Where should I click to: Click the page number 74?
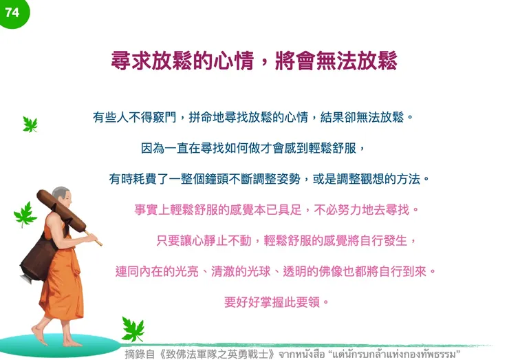pyautogui.click(x=12, y=12)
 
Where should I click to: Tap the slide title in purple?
pyautogui.click(x=254, y=61)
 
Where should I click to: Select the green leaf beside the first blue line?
pyautogui.click(x=30, y=125)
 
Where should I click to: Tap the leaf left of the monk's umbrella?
pyautogui.click(x=25, y=214)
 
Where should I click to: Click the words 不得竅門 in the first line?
pyautogui.click(x=153, y=117)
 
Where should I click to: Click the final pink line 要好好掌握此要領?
pyautogui.click(x=276, y=301)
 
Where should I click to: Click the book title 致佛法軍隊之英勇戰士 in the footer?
pyautogui.click(x=218, y=354)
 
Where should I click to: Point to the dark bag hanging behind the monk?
pyautogui.click(x=32, y=256)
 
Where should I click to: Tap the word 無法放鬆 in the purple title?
pyautogui.click(x=357, y=61)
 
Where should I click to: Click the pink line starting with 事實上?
pyautogui.click(x=276, y=209)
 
